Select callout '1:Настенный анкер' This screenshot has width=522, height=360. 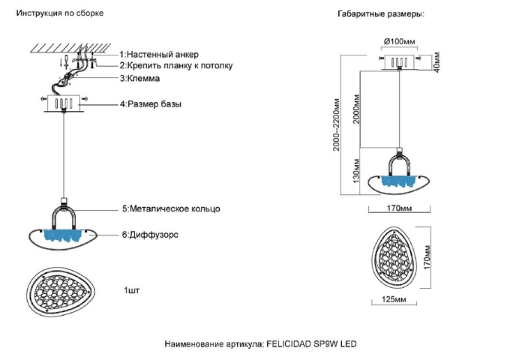point(160,55)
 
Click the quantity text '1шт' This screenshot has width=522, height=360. point(132,289)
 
